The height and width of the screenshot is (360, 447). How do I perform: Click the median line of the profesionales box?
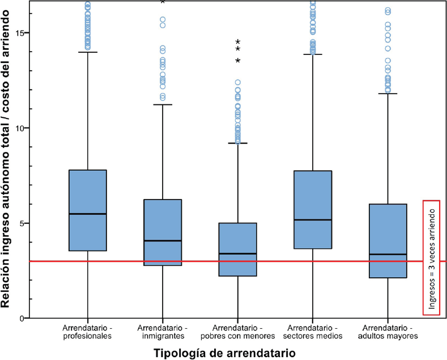[x=87, y=214]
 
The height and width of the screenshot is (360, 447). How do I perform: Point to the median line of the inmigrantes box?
[x=163, y=241]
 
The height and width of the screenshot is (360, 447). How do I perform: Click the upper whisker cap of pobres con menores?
[x=237, y=143]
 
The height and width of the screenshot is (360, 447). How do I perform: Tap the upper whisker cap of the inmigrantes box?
[x=163, y=105]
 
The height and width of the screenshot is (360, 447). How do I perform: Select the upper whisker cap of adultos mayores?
[x=388, y=94]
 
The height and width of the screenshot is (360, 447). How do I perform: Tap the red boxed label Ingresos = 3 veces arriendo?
[x=432, y=257]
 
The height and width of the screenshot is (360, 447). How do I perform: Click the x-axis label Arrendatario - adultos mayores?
[x=388, y=332]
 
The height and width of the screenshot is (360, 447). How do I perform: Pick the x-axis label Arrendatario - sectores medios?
[x=313, y=332]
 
